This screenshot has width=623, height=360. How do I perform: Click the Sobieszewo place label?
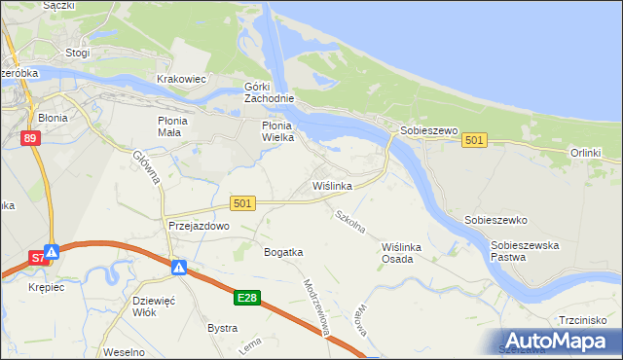tap(423, 130)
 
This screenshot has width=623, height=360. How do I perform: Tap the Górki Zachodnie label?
tap(269, 92)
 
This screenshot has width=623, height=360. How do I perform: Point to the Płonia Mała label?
tap(179, 126)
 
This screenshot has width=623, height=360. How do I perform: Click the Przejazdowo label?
tap(198, 226)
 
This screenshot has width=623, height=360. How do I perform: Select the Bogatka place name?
tap(283, 252)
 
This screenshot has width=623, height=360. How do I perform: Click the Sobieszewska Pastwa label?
tap(525, 252)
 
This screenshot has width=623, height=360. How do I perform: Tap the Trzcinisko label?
tap(582, 320)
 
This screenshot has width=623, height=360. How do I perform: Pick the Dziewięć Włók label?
tap(152, 307)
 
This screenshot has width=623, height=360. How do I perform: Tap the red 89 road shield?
tap(31, 139)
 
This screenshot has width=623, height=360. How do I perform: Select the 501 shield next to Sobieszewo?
tap(474, 141)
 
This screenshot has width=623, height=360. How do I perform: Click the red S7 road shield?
tap(35, 258)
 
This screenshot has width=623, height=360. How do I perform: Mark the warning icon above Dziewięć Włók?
tap(179, 267)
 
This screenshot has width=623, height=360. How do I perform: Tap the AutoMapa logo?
tap(560, 341)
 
